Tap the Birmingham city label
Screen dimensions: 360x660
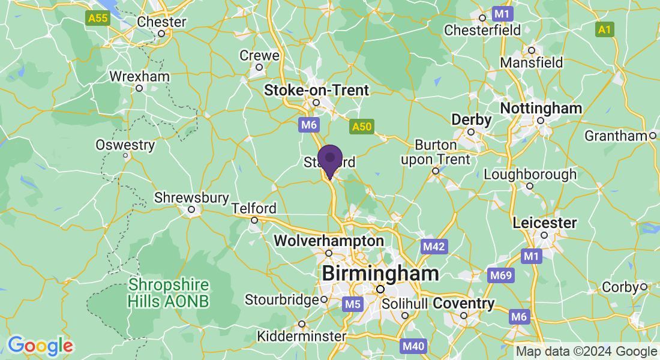380,274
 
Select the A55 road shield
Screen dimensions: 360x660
97,19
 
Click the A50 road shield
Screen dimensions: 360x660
362,127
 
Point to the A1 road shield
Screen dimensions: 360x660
605,29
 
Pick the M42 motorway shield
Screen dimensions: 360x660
433,247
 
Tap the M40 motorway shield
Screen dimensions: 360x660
414,346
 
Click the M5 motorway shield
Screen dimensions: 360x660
353,304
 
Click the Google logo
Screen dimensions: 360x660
40,346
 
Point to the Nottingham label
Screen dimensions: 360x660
541,109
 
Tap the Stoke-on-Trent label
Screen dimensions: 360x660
317,90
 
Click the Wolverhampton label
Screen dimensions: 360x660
329,241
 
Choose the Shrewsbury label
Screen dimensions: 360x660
192,197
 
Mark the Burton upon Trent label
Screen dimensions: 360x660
436,153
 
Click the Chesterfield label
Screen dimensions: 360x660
481,29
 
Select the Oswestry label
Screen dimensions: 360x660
125,145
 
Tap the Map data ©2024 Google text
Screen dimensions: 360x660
586,352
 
